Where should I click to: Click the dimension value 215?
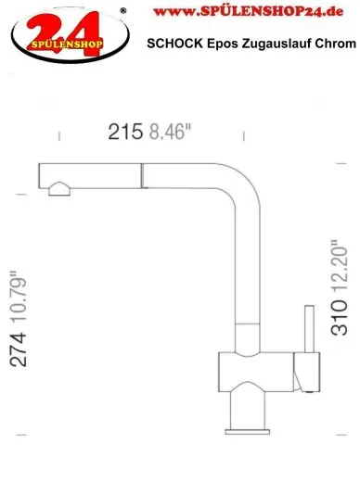tap(125, 132)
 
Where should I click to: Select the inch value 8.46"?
tap(170, 132)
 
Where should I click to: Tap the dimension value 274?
tap(18, 349)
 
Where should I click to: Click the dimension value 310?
tap(339, 318)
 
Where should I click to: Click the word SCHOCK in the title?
tap(174, 44)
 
